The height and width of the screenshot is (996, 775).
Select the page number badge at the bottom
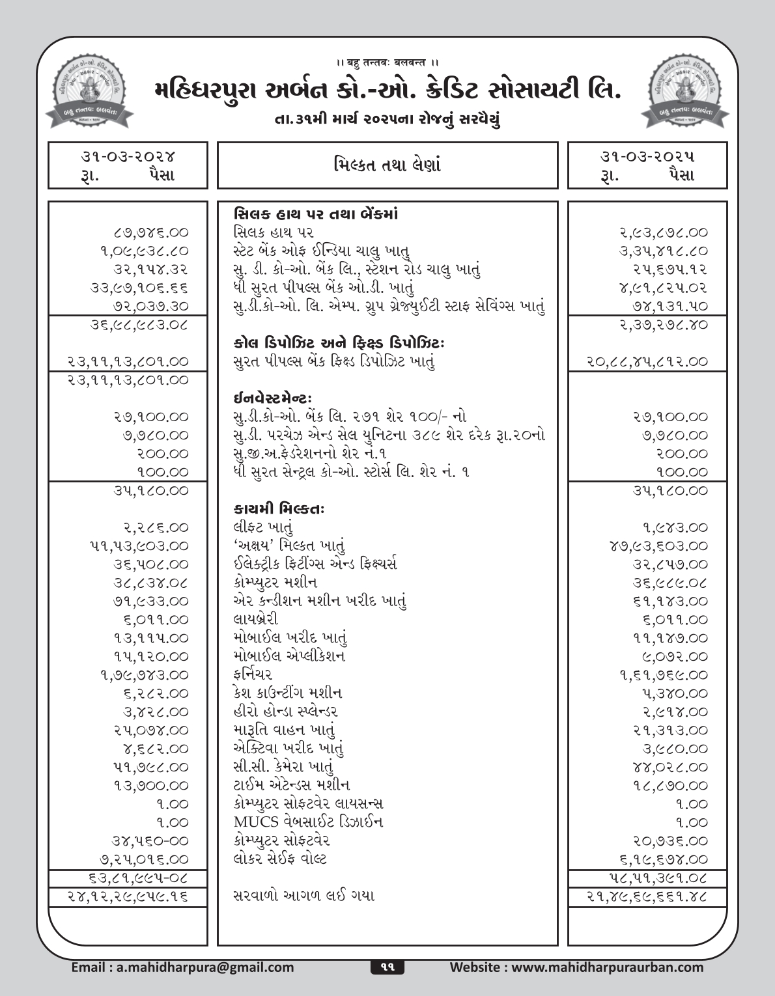tap(387, 967)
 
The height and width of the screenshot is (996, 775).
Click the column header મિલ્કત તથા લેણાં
tap(387, 165)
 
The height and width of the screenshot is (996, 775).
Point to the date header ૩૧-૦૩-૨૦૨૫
tap(647, 156)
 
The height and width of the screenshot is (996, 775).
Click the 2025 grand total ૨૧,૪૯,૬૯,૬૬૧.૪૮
tap(647, 896)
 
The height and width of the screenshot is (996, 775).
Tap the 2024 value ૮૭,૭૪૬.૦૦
tap(150, 232)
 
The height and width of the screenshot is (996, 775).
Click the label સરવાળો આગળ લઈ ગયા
tap(303, 896)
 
